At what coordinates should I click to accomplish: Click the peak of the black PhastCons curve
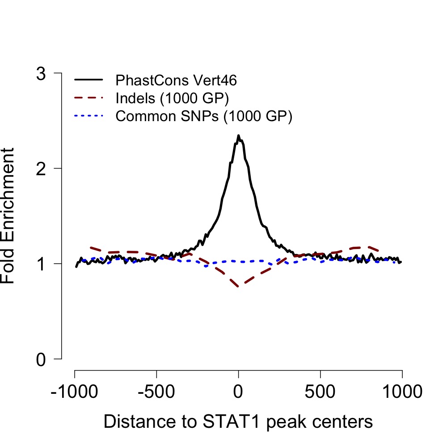[239, 136]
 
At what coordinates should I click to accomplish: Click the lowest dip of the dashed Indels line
[239, 286]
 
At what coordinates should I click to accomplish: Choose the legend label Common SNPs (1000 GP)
[203, 116]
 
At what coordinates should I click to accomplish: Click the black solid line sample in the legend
[89, 80]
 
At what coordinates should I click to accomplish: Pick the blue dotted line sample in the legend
[89, 116]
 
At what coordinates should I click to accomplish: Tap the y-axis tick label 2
[41, 169]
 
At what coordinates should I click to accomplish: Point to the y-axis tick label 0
[41, 359]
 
